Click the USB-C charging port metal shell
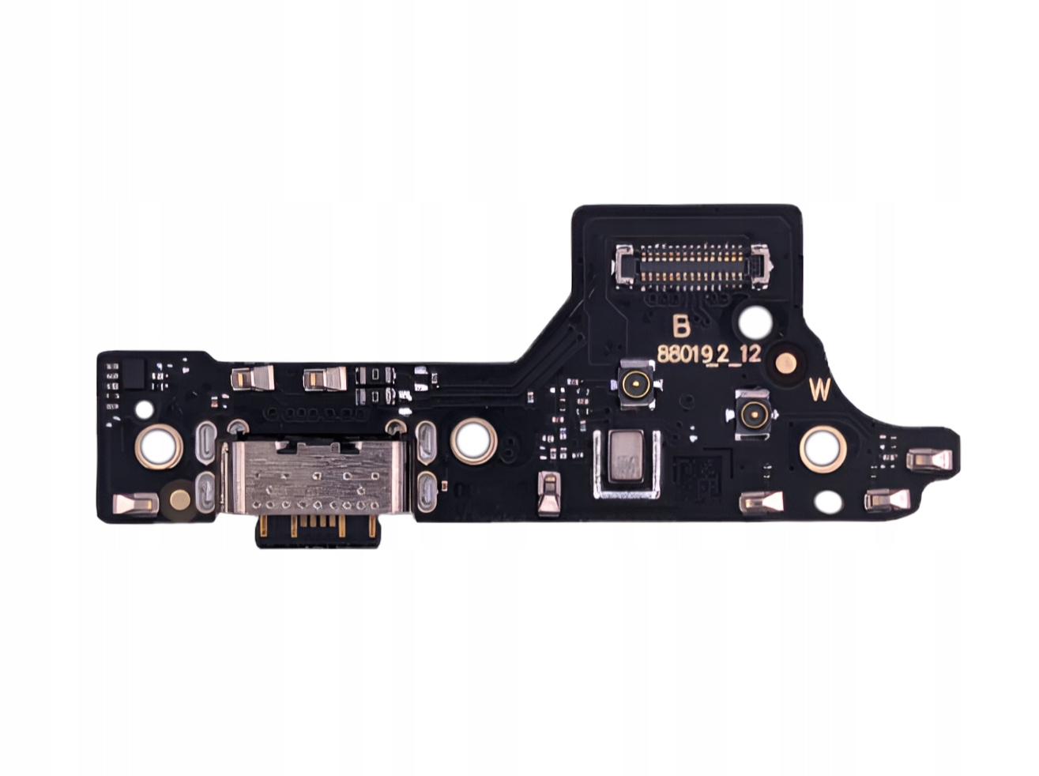coord(311,477)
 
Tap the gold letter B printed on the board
coord(681,326)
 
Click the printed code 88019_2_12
coord(708,354)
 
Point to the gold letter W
coord(819,390)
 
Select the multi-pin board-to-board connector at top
coord(691,266)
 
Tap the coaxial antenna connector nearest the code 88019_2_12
coord(636,381)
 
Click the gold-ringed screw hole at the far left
coord(159,446)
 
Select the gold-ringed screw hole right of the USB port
coord(473,441)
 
